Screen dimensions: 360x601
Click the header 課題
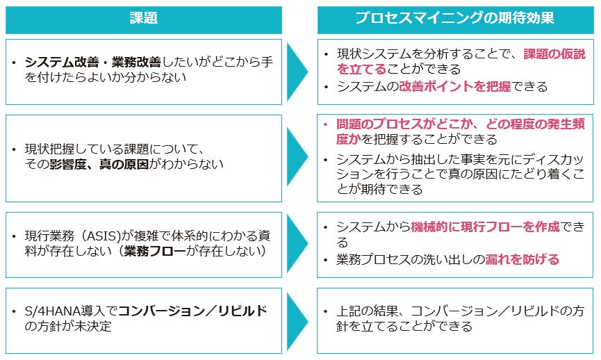[x=143, y=18]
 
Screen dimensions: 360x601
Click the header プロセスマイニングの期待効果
[x=455, y=18]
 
